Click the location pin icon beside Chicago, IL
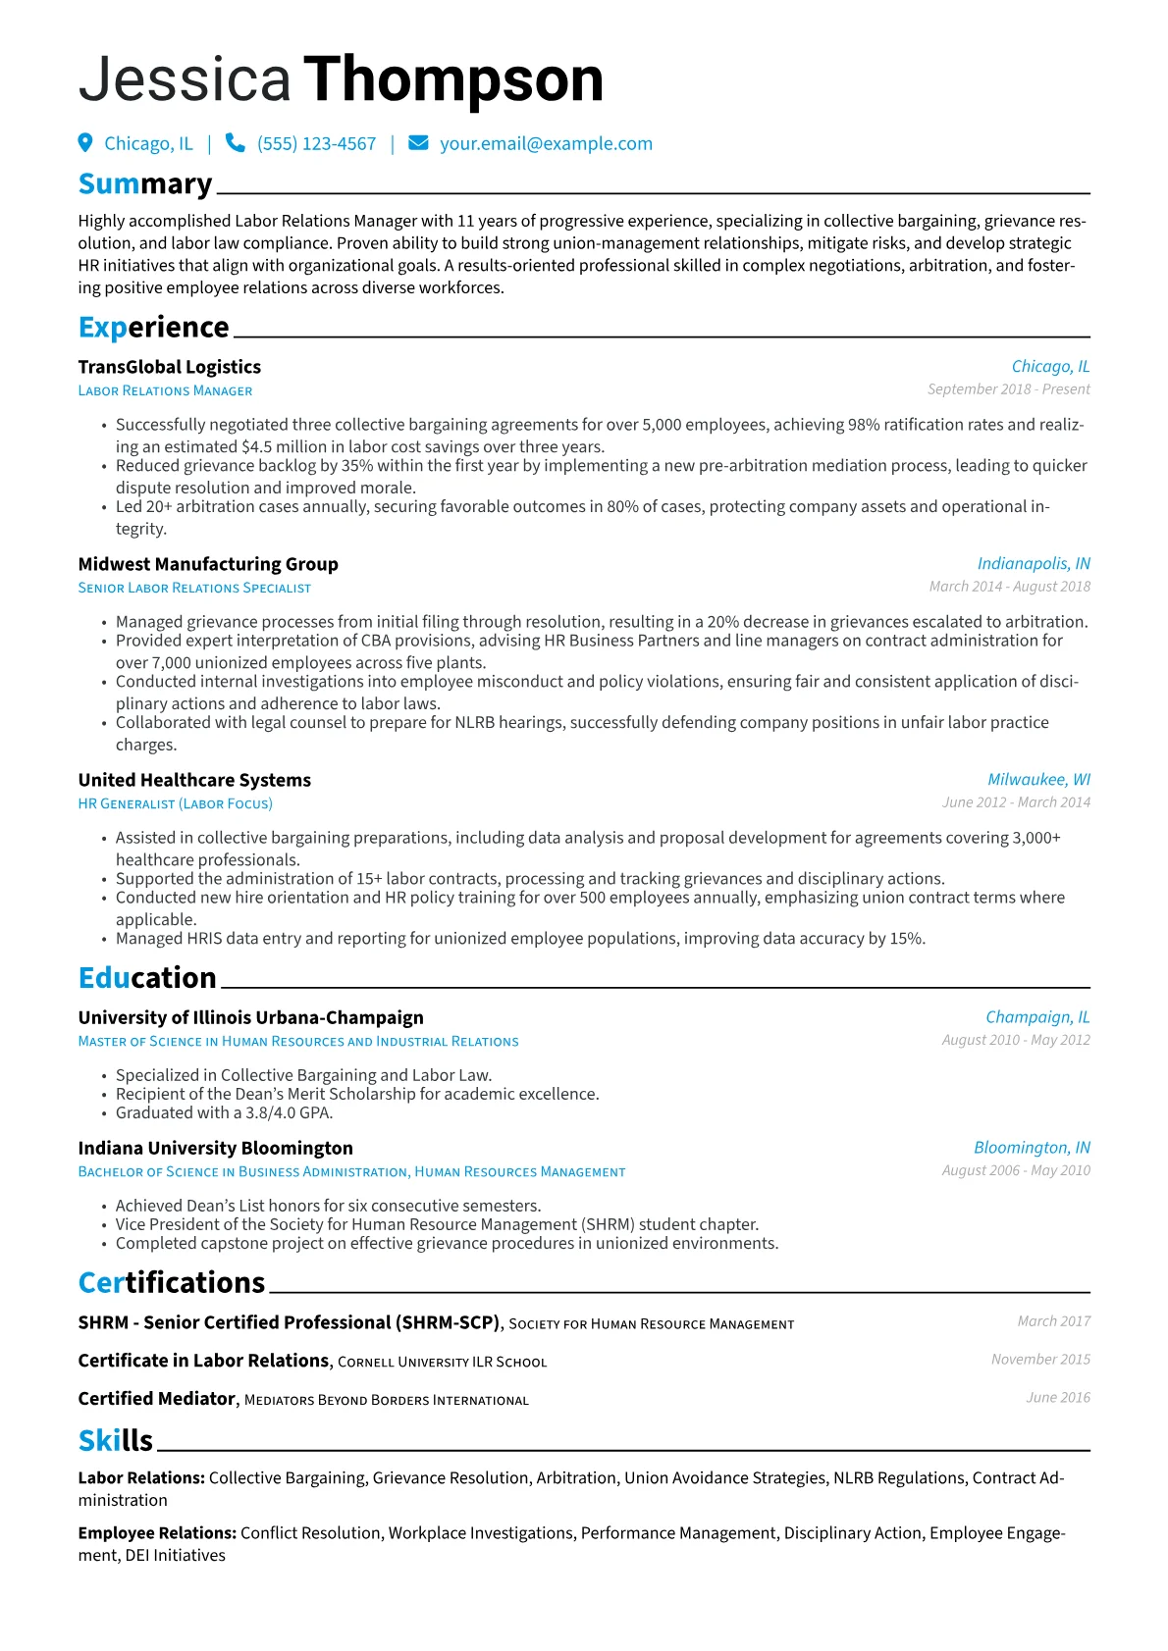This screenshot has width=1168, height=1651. point(85,143)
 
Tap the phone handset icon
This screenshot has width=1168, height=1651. point(235,143)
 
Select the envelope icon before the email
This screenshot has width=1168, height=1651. point(418,143)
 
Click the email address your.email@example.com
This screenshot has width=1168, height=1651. point(546,144)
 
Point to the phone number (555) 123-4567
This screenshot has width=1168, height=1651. point(316,144)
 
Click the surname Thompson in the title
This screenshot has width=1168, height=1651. point(453,79)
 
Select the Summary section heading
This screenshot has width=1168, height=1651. point(145,184)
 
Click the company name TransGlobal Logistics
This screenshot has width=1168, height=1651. point(170,367)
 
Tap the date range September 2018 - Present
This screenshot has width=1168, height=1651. point(1008,389)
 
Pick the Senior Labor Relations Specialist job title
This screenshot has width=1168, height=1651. point(194,588)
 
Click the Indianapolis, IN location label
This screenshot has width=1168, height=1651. point(1034,563)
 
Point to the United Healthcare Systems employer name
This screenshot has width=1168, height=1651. point(194,780)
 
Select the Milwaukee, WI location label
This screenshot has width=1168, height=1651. point(1038,779)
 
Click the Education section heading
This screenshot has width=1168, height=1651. point(147,978)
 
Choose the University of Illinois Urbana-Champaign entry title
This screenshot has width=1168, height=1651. point(251,1017)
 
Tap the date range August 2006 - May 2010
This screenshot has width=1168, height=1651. point(1016,1170)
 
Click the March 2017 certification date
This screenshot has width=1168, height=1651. point(1053,1321)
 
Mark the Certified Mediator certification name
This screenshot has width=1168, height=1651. point(157,1399)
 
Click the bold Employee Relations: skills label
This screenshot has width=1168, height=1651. point(157,1533)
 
